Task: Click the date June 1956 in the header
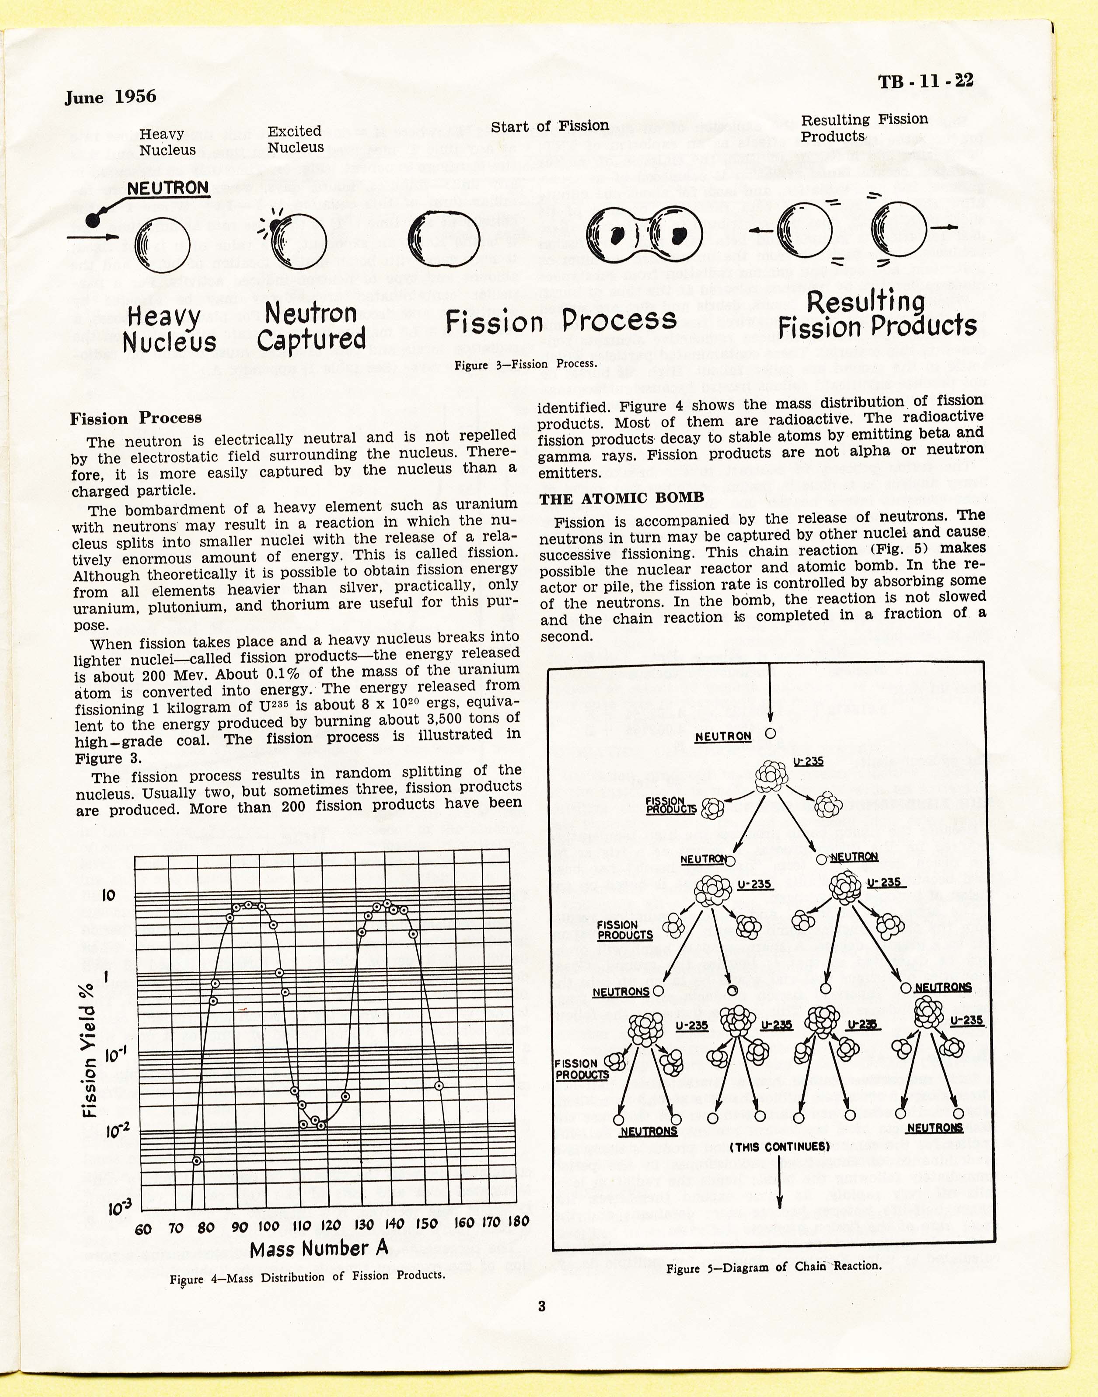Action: coord(110,97)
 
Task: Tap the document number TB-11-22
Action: coord(925,81)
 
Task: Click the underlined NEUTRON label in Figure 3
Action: coord(168,188)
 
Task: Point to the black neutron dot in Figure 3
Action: coord(93,220)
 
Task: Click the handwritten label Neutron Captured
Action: coord(311,327)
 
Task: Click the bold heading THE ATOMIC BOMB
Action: coord(622,498)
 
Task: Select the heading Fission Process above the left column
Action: coord(136,418)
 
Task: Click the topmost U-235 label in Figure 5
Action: coord(808,761)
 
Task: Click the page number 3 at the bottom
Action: coord(541,1306)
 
